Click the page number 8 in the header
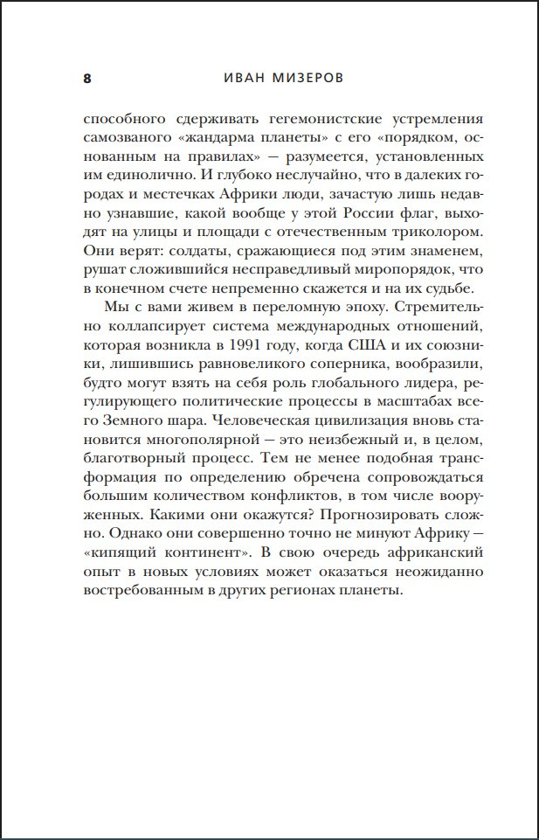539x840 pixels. (x=86, y=79)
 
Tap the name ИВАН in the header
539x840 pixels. (x=236, y=79)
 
